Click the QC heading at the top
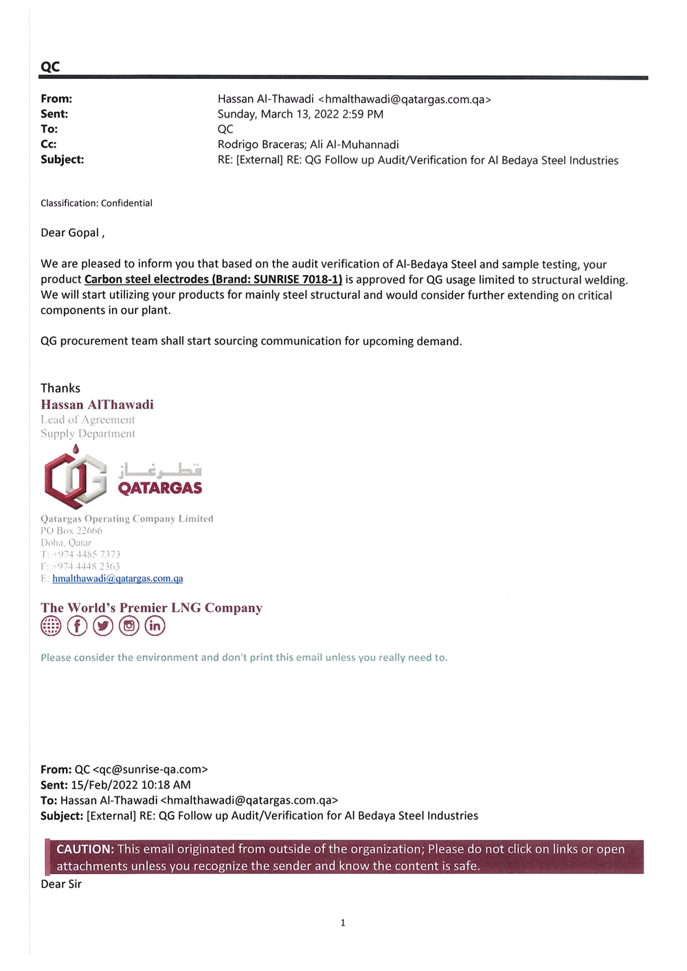pyautogui.click(x=50, y=67)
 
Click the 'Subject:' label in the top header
pyautogui.click(x=62, y=159)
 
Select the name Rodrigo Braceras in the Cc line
pyautogui.click(x=260, y=144)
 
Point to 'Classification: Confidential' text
pyautogui.click(x=96, y=203)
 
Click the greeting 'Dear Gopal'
pyautogui.click(x=70, y=233)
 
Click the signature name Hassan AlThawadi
pyautogui.click(x=97, y=405)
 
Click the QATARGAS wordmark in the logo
pyautogui.click(x=160, y=488)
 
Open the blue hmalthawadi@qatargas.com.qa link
pyautogui.click(x=117, y=579)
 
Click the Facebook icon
pyautogui.click(x=77, y=626)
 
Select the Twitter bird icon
pyautogui.click(x=103, y=626)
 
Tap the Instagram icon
pyautogui.click(x=129, y=626)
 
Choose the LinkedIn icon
pyautogui.click(x=155, y=626)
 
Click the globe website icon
pyautogui.click(x=51, y=626)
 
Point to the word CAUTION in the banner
pyautogui.click(x=85, y=849)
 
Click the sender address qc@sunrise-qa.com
pyautogui.click(x=150, y=770)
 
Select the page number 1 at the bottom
pyautogui.click(x=343, y=923)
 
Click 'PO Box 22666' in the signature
pyautogui.click(x=71, y=531)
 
